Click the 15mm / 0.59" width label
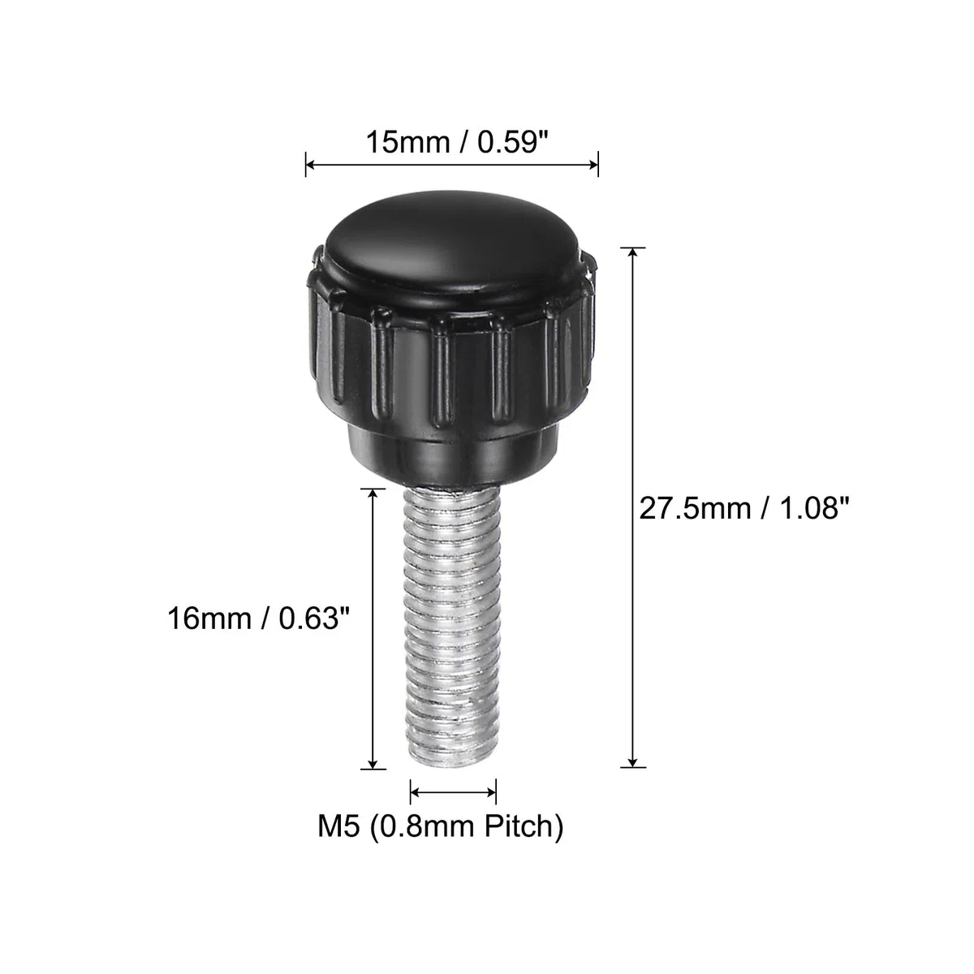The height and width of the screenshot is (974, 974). [x=457, y=143]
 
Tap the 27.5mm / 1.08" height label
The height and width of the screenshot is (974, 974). [x=744, y=508]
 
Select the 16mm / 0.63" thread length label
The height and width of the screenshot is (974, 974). [x=258, y=618]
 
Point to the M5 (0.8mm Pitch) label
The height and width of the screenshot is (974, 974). [x=440, y=827]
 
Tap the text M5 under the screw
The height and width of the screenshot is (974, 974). [x=338, y=827]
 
